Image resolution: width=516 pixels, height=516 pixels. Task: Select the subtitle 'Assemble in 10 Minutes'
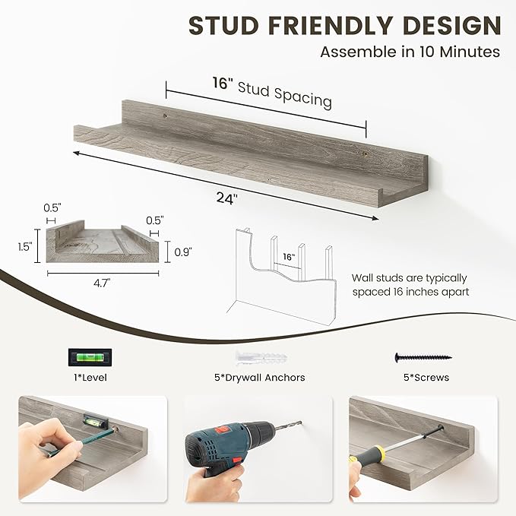(x=410, y=52)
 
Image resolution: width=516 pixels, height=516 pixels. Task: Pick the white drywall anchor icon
(x=258, y=356)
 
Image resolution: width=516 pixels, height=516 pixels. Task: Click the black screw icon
(x=423, y=356)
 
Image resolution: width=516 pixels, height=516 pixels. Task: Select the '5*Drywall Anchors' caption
(x=258, y=377)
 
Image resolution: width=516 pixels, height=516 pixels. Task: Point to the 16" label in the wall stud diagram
(x=287, y=258)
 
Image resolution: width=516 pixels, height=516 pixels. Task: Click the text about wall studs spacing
(x=410, y=285)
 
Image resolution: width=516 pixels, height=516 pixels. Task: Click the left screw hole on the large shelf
(x=164, y=115)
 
